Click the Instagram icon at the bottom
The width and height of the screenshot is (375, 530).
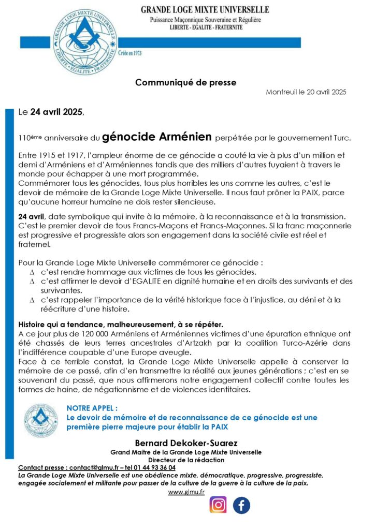tap(218, 505)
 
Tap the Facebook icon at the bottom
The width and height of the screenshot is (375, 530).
tap(241, 505)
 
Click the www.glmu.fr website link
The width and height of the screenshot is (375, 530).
tap(186, 491)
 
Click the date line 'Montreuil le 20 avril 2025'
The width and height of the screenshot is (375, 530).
tap(306, 92)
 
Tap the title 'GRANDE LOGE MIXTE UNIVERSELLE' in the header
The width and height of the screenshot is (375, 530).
tap(205, 10)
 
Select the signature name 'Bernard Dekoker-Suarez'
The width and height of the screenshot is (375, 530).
tap(186, 443)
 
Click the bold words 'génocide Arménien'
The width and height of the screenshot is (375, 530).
tap(157, 137)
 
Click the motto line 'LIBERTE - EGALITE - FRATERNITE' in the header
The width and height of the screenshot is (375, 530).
tap(206, 27)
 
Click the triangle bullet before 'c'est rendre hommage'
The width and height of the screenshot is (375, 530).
tap(32, 272)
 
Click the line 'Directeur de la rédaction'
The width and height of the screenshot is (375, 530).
tap(186, 460)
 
